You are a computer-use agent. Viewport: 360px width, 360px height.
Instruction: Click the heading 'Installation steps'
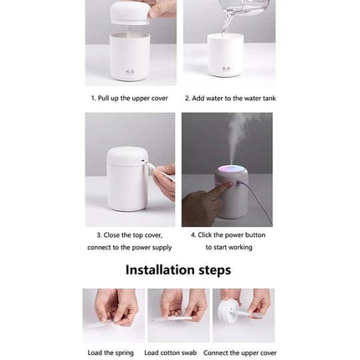coord(178,270)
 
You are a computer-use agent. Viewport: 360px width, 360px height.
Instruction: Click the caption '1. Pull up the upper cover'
coord(129,98)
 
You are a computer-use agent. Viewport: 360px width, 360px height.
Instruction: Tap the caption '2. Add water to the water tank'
coord(229,98)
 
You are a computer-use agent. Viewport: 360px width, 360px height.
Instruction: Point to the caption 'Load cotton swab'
coord(171,352)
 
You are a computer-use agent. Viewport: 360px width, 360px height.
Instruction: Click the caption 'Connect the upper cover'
coord(239,352)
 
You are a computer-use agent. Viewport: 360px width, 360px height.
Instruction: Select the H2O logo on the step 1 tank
coord(130,71)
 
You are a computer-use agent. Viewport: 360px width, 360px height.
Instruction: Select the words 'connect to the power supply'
coord(129,247)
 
